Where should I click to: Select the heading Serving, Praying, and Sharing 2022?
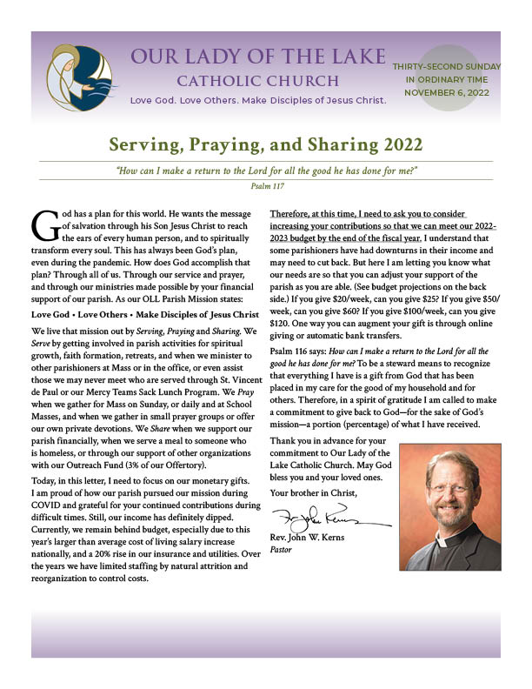(x=266, y=144)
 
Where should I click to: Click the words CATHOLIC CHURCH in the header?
(x=257, y=82)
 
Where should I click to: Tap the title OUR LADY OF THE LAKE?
(x=257, y=57)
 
